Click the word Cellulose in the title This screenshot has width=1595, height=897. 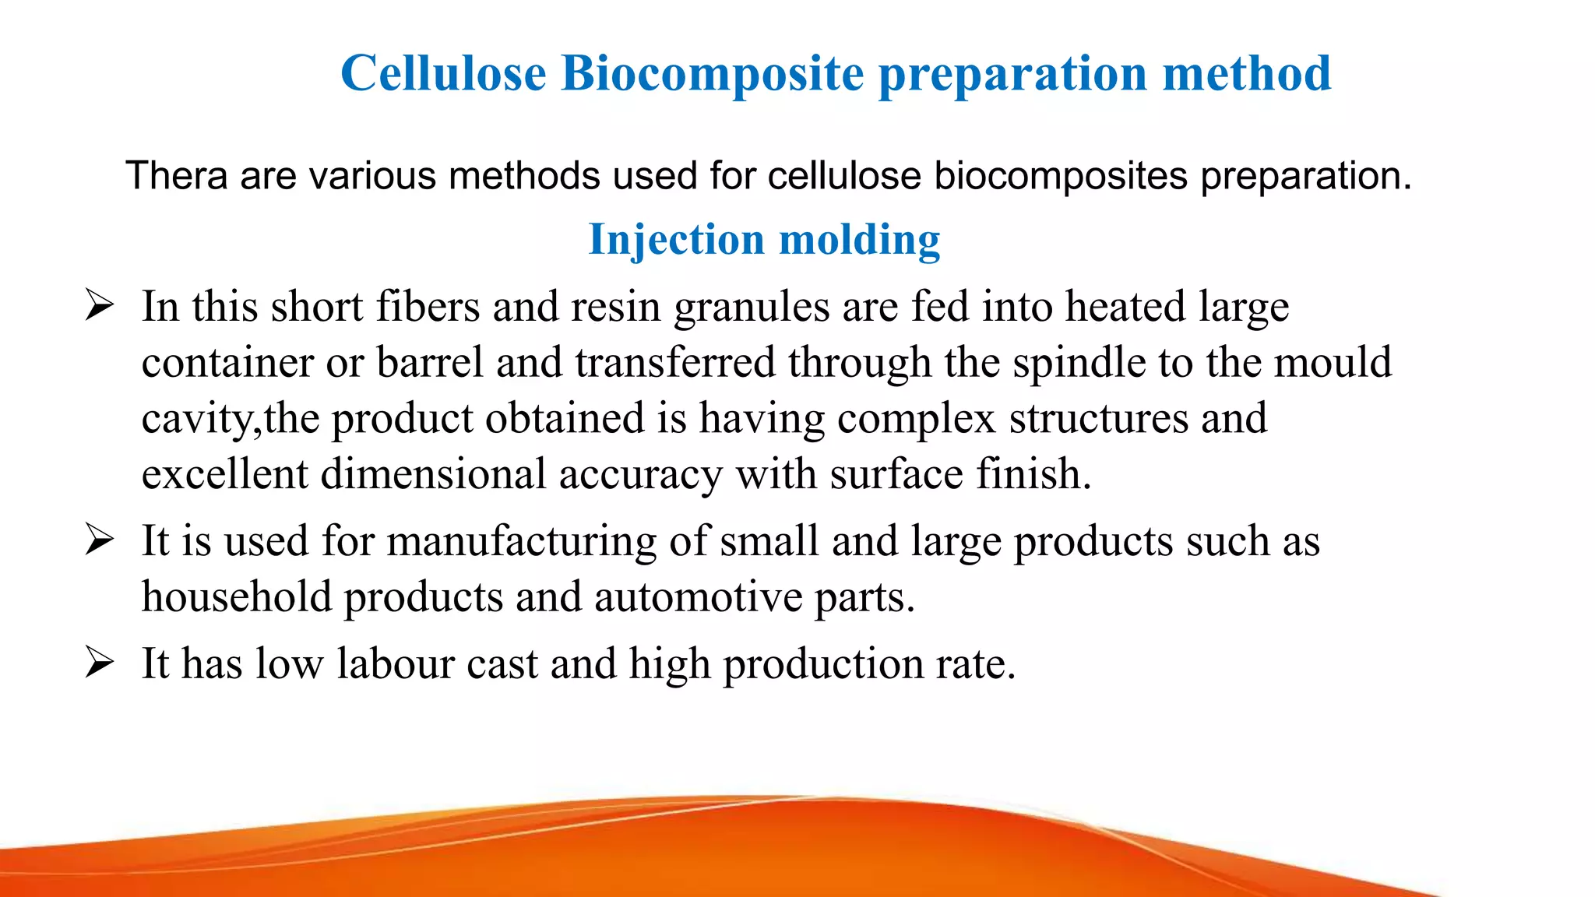click(443, 73)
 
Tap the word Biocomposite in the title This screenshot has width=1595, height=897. click(712, 73)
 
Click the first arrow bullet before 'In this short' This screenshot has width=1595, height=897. click(100, 305)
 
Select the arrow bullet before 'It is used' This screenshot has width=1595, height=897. click(100, 540)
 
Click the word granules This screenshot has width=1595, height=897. click(752, 307)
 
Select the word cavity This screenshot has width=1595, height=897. click(196, 419)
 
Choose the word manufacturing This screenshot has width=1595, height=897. click(522, 541)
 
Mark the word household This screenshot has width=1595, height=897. click(236, 597)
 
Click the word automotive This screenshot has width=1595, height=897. click(698, 597)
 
